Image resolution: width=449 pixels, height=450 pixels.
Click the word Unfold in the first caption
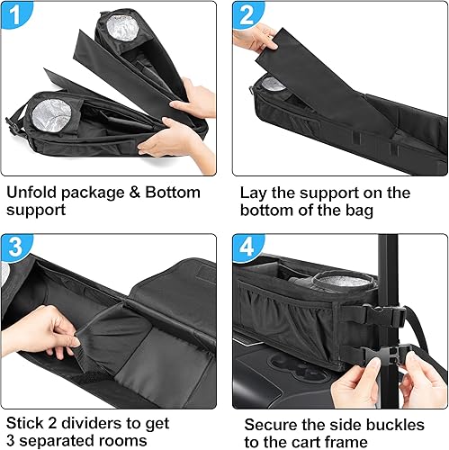tap(32, 192)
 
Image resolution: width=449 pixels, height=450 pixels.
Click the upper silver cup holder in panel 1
tap(119, 30)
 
